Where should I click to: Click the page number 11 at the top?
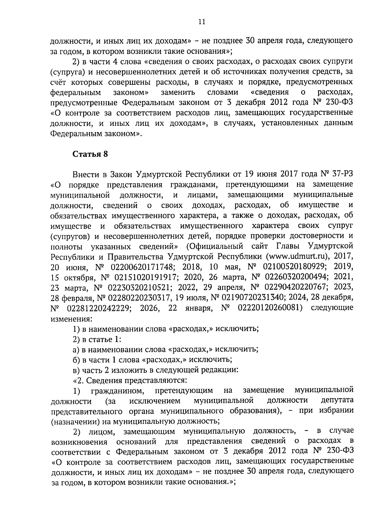tap(201, 22)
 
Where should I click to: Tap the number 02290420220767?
tap(292, 288)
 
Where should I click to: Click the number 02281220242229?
tap(99, 308)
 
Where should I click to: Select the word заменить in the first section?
tap(178, 92)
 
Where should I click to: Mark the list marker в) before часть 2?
tap(76, 370)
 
